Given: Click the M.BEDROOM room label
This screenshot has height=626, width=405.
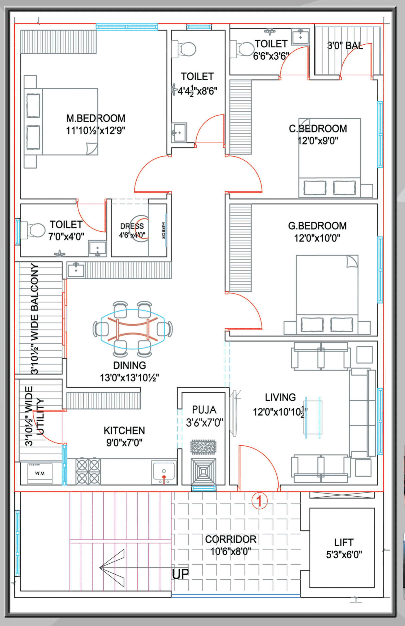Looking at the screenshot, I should pos(96,118).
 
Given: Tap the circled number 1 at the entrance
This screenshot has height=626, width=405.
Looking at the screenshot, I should pos(259,501).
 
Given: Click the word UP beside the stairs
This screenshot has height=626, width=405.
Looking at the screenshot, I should pos(181,574).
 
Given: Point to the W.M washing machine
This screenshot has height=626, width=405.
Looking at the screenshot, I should pos(40,473).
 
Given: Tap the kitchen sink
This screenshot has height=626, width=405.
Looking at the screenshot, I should pos(164,472).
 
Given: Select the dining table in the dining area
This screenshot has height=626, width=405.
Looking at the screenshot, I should pos(133,329).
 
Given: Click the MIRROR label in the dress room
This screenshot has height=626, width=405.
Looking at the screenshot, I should pos(163,231).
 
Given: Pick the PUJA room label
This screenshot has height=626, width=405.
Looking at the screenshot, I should pos(204,409).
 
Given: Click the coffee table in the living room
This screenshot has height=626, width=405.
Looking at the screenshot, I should pos(313,417).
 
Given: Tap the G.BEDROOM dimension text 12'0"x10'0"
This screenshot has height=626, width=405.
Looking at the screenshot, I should pos(317,238).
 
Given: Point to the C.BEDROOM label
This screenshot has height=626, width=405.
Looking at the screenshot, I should pos(318,129).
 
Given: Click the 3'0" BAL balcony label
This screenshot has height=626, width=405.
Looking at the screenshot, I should pos(345,46).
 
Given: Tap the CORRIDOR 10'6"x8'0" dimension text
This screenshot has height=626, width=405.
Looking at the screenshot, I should pos(231,551).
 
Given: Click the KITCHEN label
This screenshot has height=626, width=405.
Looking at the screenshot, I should pos(124,431).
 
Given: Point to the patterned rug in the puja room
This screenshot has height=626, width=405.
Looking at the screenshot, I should pos(203,447).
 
